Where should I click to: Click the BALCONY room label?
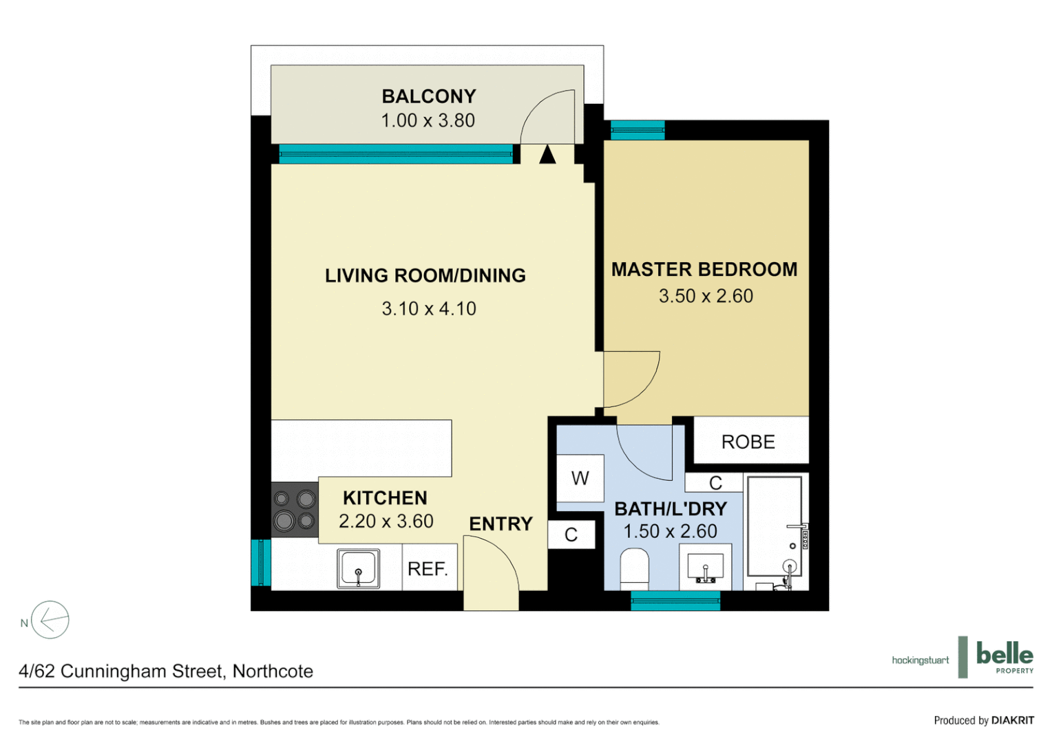point(428,96)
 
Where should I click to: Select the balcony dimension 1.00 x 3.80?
point(428,120)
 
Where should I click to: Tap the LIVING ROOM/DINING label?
point(425,276)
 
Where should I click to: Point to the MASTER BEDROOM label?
point(704,270)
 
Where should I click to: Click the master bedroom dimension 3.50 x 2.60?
point(706,297)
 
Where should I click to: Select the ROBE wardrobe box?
point(749,442)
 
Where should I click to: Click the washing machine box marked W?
point(580,478)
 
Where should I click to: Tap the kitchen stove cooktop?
point(294,510)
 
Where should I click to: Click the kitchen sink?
point(358,568)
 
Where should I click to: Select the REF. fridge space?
point(428,569)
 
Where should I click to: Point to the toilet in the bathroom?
point(634,568)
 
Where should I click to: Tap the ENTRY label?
point(501,524)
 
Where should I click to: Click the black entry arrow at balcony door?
point(547,155)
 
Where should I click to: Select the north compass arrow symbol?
point(50,620)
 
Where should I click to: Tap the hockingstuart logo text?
point(920,660)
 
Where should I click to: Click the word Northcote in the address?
point(273,671)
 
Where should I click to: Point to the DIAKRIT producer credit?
point(1012,720)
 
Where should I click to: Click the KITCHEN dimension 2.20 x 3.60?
point(386,521)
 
